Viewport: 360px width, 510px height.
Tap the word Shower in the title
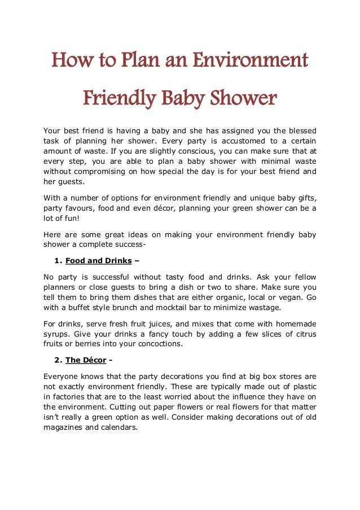pyautogui.click(x=244, y=99)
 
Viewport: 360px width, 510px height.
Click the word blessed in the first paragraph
pyautogui.click(x=300, y=130)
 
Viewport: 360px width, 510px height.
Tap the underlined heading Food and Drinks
pyautogui.click(x=99, y=261)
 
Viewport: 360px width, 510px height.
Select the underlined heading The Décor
pyautogui.click(x=86, y=360)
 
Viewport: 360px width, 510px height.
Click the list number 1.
pyautogui.click(x=58, y=261)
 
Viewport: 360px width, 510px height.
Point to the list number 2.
pyautogui.click(x=58, y=360)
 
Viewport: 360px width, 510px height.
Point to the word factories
pyautogui.click(x=69, y=397)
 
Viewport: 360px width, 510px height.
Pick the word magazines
pyautogui.click(x=65, y=428)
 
